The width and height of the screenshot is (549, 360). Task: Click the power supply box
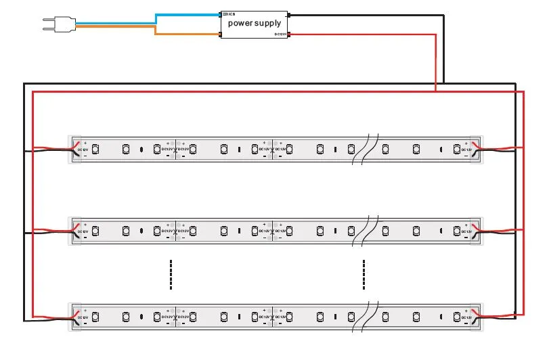(x=255, y=23)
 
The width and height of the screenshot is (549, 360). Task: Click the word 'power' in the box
(x=241, y=23)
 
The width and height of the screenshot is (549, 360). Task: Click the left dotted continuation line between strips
(x=171, y=274)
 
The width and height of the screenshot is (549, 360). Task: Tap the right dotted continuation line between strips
(x=364, y=274)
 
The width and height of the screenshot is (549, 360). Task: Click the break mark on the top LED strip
(x=361, y=149)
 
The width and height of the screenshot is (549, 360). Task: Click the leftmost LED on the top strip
(x=96, y=148)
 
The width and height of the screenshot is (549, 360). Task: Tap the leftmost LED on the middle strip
(x=96, y=231)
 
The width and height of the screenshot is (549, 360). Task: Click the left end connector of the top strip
(x=78, y=149)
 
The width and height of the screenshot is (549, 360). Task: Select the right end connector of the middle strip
(x=476, y=231)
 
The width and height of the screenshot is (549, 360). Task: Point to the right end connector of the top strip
(x=476, y=149)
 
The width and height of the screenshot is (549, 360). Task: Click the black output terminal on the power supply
(x=289, y=14)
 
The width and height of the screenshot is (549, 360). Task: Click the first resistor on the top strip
(x=141, y=149)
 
